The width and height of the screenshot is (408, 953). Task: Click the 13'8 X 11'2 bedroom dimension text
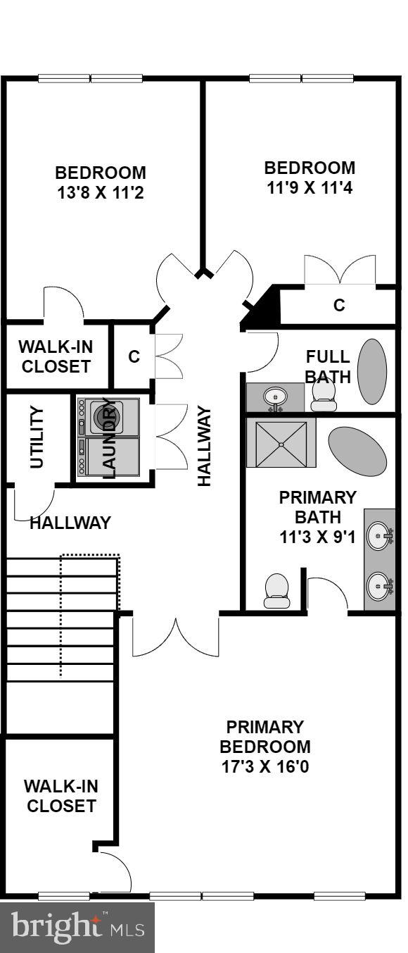point(101,192)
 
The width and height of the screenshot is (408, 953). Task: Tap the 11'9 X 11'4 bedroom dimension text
point(310,188)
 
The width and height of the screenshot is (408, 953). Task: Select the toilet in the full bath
point(324,394)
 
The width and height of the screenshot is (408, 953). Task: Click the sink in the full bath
point(274,397)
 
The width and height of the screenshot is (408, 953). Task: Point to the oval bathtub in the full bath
point(372,371)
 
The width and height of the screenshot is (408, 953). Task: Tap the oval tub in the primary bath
point(357,451)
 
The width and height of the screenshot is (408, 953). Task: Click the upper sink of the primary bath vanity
point(380,536)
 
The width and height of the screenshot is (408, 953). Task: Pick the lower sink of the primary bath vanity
point(380,585)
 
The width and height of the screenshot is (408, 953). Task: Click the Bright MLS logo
point(77,928)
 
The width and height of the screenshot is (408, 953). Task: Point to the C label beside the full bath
point(339,305)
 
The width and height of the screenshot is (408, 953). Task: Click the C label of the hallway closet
point(134,356)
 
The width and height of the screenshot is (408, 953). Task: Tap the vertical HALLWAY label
point(204,445)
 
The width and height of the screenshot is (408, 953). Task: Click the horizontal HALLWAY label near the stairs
point(70,523)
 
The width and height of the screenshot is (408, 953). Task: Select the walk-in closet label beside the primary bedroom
point(60,796)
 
